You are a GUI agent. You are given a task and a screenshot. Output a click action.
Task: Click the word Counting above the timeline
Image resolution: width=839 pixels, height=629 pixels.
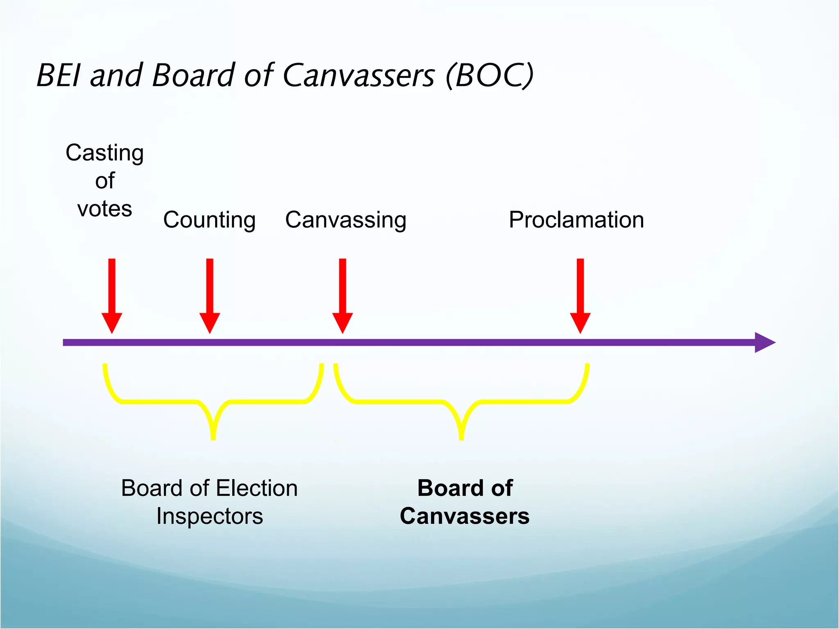pyautogui.click(x=209, y=220)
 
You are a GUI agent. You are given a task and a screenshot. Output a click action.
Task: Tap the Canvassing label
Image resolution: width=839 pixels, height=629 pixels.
pyautogui.click(x=346, y=220)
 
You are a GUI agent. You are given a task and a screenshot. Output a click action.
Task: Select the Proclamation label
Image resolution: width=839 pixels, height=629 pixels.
pyautogui.click(x=576, y=220)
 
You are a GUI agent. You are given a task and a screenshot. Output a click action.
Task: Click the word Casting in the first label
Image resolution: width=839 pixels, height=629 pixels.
pyautogui.click(x=104, y=154)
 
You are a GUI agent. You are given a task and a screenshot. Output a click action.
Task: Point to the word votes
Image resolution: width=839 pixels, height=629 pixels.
pyautogui.click(x=104, y=209)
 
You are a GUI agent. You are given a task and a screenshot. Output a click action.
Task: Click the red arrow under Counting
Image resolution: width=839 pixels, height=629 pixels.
pyautogui.click(x=210, y=295)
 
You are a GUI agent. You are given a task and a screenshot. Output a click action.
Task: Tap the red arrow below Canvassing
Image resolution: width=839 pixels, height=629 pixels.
pyautogui.click(x=342, y=295)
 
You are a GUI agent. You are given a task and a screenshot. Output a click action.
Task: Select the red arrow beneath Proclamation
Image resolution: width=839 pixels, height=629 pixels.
pyautogui.click(x=580, y=295)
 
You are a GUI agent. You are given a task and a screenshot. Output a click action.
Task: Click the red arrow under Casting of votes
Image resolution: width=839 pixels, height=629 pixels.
pyautogui.click(x=112, y=295)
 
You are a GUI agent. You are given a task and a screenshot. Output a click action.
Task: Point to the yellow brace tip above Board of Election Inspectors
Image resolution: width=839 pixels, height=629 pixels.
pyautogui.click(x=213, y=434)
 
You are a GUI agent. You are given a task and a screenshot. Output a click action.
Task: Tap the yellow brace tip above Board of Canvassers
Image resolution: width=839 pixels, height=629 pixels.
pyautogui.click(x=461, y=434)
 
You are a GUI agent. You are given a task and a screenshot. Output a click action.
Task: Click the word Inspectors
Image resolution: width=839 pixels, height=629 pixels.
pyautogui.click(x=209, y=516)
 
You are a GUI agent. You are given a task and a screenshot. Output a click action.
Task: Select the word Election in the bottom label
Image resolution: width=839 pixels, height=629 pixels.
pyautogui.click(x=257, y=488)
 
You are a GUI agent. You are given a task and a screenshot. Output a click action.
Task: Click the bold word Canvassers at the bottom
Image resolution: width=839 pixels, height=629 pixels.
pyautogui.click(x=465, y=516)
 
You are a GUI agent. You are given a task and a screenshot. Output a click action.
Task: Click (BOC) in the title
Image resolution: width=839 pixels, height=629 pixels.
pyautogui.click(x=490, y=76)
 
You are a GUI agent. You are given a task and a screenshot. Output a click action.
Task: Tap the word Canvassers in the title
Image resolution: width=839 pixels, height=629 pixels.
pyautogui.click(x=358, y=76)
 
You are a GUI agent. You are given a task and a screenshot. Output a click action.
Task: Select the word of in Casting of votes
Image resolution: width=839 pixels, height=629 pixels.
pyautogui.click(x=104, y=181)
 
